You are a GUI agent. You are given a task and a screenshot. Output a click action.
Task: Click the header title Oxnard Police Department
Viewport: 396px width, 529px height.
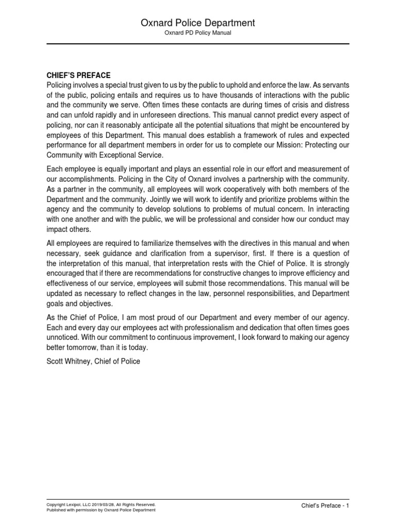198,23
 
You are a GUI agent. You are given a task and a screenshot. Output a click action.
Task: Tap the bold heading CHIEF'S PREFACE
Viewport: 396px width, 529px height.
78,75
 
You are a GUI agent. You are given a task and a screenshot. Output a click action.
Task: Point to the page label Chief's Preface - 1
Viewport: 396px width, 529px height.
325,506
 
